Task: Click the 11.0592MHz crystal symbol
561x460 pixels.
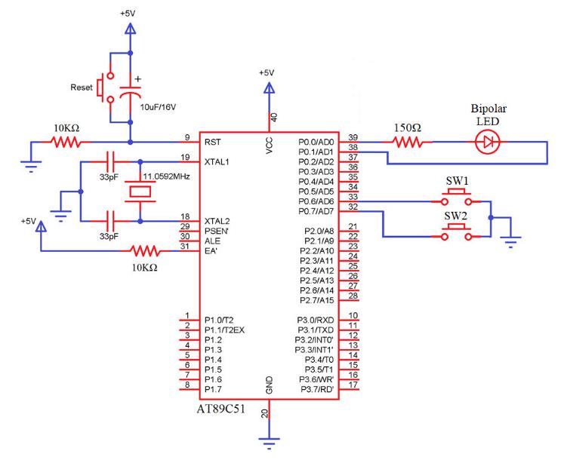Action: coord(141,192)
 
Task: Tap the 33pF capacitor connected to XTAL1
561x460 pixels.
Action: coord(110,161)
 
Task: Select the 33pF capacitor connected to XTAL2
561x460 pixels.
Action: coord(110,221)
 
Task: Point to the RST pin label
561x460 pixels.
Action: coord(213,141)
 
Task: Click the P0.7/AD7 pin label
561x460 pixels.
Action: coord(316,211)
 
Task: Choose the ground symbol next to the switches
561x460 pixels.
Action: coord(513,241)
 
